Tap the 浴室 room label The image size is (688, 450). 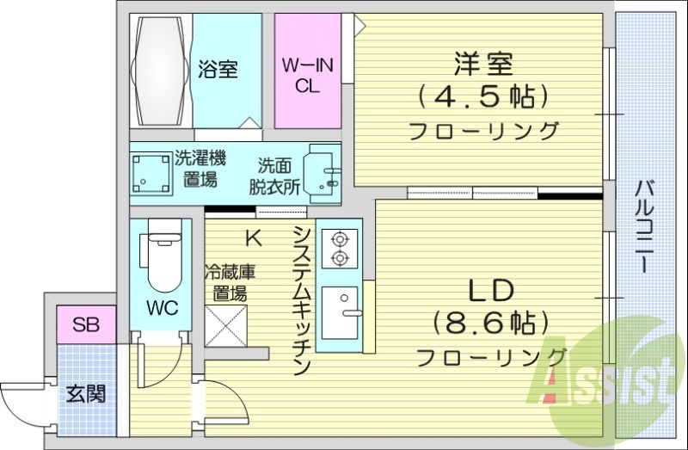coord(218,70)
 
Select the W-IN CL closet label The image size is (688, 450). coord(307,74)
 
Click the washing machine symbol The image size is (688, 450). coord(150,173)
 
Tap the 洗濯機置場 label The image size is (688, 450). coord(200,169)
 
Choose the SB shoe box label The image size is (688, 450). coord(85,324)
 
